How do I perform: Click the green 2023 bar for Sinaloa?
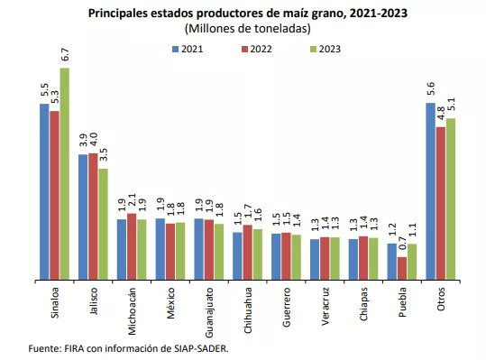tap(65, 173)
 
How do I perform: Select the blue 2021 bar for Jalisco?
tap(83, 217)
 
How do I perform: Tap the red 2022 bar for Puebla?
tap(402, 268)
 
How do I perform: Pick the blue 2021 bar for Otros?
tap(430, 191)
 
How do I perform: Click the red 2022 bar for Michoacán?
tap(132, 246)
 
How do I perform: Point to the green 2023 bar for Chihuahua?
tap(257, 254)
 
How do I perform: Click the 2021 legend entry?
tap(188, 49)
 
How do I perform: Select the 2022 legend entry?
tap(257, 49)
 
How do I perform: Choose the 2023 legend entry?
tap(326, 49)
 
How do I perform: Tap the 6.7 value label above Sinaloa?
tap(65, 55)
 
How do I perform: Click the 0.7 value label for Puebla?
tap(402, 244)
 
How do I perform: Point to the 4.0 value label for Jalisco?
tap(93, 139)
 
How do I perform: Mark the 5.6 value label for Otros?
tap(430, 88)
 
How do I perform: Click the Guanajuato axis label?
tap(209, 312)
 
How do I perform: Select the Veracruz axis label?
tap(326, 307)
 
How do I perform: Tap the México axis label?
tap(170, 303)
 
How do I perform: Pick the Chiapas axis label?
tap(363, 304)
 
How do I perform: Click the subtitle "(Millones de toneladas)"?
tap(248, 29)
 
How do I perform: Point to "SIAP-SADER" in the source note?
tap(200, 348)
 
